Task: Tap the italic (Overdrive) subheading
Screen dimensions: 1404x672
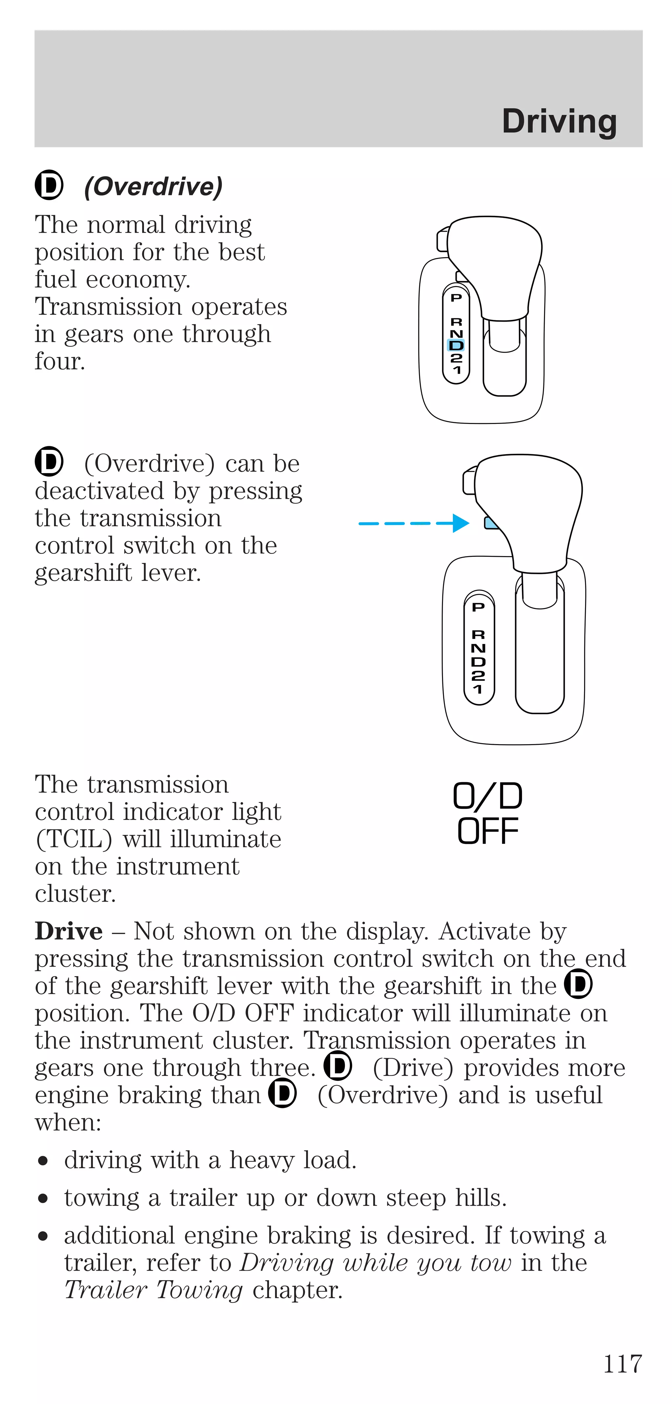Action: tap(153, 187)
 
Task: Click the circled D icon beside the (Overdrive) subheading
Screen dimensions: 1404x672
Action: tap(49, 185)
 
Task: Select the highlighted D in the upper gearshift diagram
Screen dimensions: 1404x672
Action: tap(456, 345)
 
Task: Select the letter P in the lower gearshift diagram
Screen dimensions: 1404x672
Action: tap(478, 607)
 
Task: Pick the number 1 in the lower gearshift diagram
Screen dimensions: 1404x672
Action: tap(478, 689)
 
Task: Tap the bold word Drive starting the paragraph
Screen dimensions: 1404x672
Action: tap(69, 932)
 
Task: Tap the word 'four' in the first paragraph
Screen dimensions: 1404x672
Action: tap(60, 361)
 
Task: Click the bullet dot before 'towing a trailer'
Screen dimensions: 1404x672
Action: tap(43, 1199)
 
